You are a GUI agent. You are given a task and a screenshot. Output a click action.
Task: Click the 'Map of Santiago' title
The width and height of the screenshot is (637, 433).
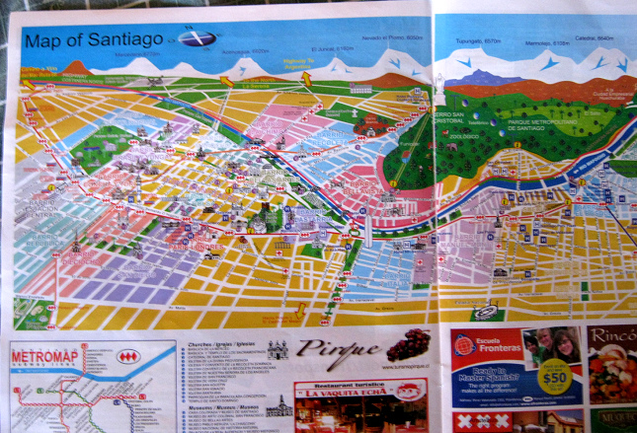[95, 40]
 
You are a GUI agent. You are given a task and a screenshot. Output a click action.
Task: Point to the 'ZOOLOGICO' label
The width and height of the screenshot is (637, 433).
[463, 137]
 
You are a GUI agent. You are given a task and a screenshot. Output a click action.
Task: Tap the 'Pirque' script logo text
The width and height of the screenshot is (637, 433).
[338, 349]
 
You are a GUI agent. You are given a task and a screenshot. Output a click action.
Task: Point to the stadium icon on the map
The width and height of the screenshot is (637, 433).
[486, 312]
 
